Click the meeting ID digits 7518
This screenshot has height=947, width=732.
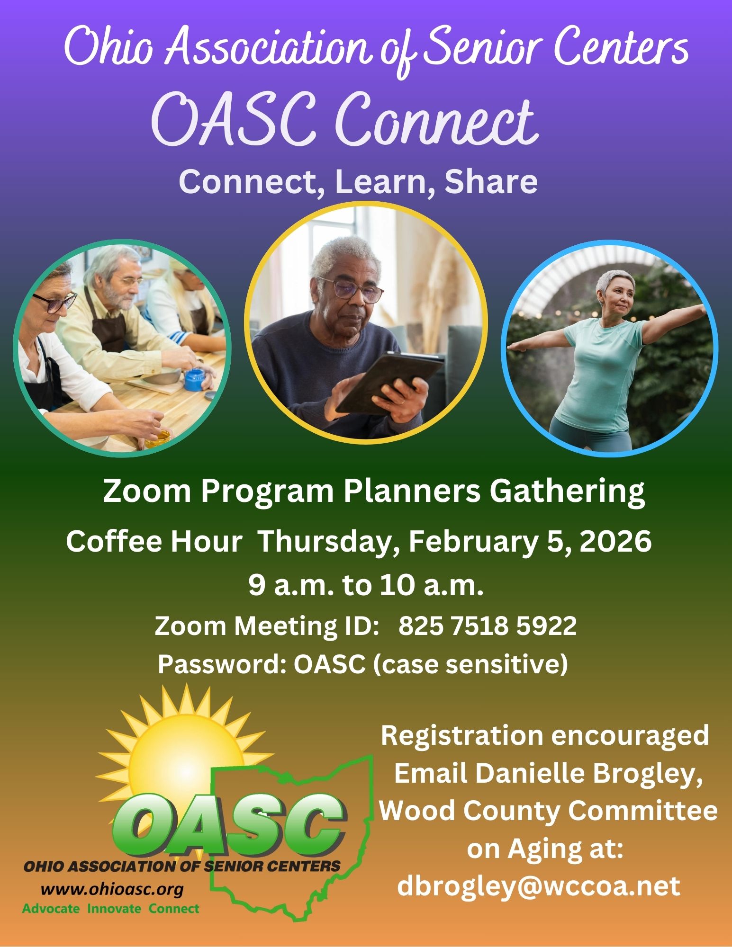480,626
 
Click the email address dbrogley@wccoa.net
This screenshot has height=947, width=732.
539,886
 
